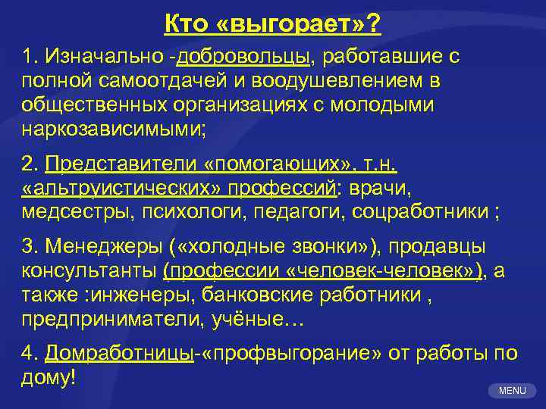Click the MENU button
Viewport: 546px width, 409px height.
pyautogui.click(x=513, y=391)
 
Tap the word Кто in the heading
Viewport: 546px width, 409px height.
pyautogui.click(x=187, y=26)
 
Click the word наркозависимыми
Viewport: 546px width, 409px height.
pyautogui.click(x=114, y=127)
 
